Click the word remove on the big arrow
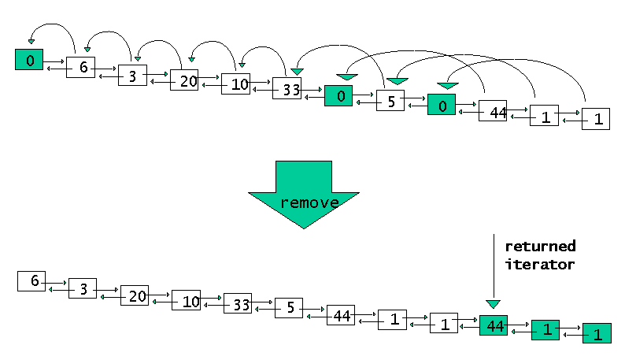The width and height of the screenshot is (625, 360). (x=309, y=202)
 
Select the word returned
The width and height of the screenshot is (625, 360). (x=540, y=246)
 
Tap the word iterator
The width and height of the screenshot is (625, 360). (x=540, y=265)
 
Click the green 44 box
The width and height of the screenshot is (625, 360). (x=494, y=325)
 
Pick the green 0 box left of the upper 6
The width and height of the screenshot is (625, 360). (x=29, y=59)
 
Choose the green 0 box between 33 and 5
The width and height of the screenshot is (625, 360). (x=338, y=95)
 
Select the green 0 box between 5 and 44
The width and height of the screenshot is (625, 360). (x=442, y=105)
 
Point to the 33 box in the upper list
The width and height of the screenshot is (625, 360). (x=287, y=88)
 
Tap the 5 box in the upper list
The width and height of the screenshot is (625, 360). (x=390, y=100)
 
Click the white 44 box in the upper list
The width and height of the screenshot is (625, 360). (x=493, y=112)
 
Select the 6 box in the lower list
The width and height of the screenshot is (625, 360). (x=31, y=280)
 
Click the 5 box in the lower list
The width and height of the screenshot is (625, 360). (x=289, y=308)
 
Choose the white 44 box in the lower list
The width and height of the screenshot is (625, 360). (x=341, y=315)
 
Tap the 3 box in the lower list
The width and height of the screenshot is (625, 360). (x=83, y=288)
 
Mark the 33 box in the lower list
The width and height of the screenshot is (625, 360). (x=237, y=303)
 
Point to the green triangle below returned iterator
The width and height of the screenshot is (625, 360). (x=493, y=303)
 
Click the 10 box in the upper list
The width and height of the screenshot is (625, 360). (x=235, y=84)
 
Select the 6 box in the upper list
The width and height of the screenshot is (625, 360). (x=80, y=67)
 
